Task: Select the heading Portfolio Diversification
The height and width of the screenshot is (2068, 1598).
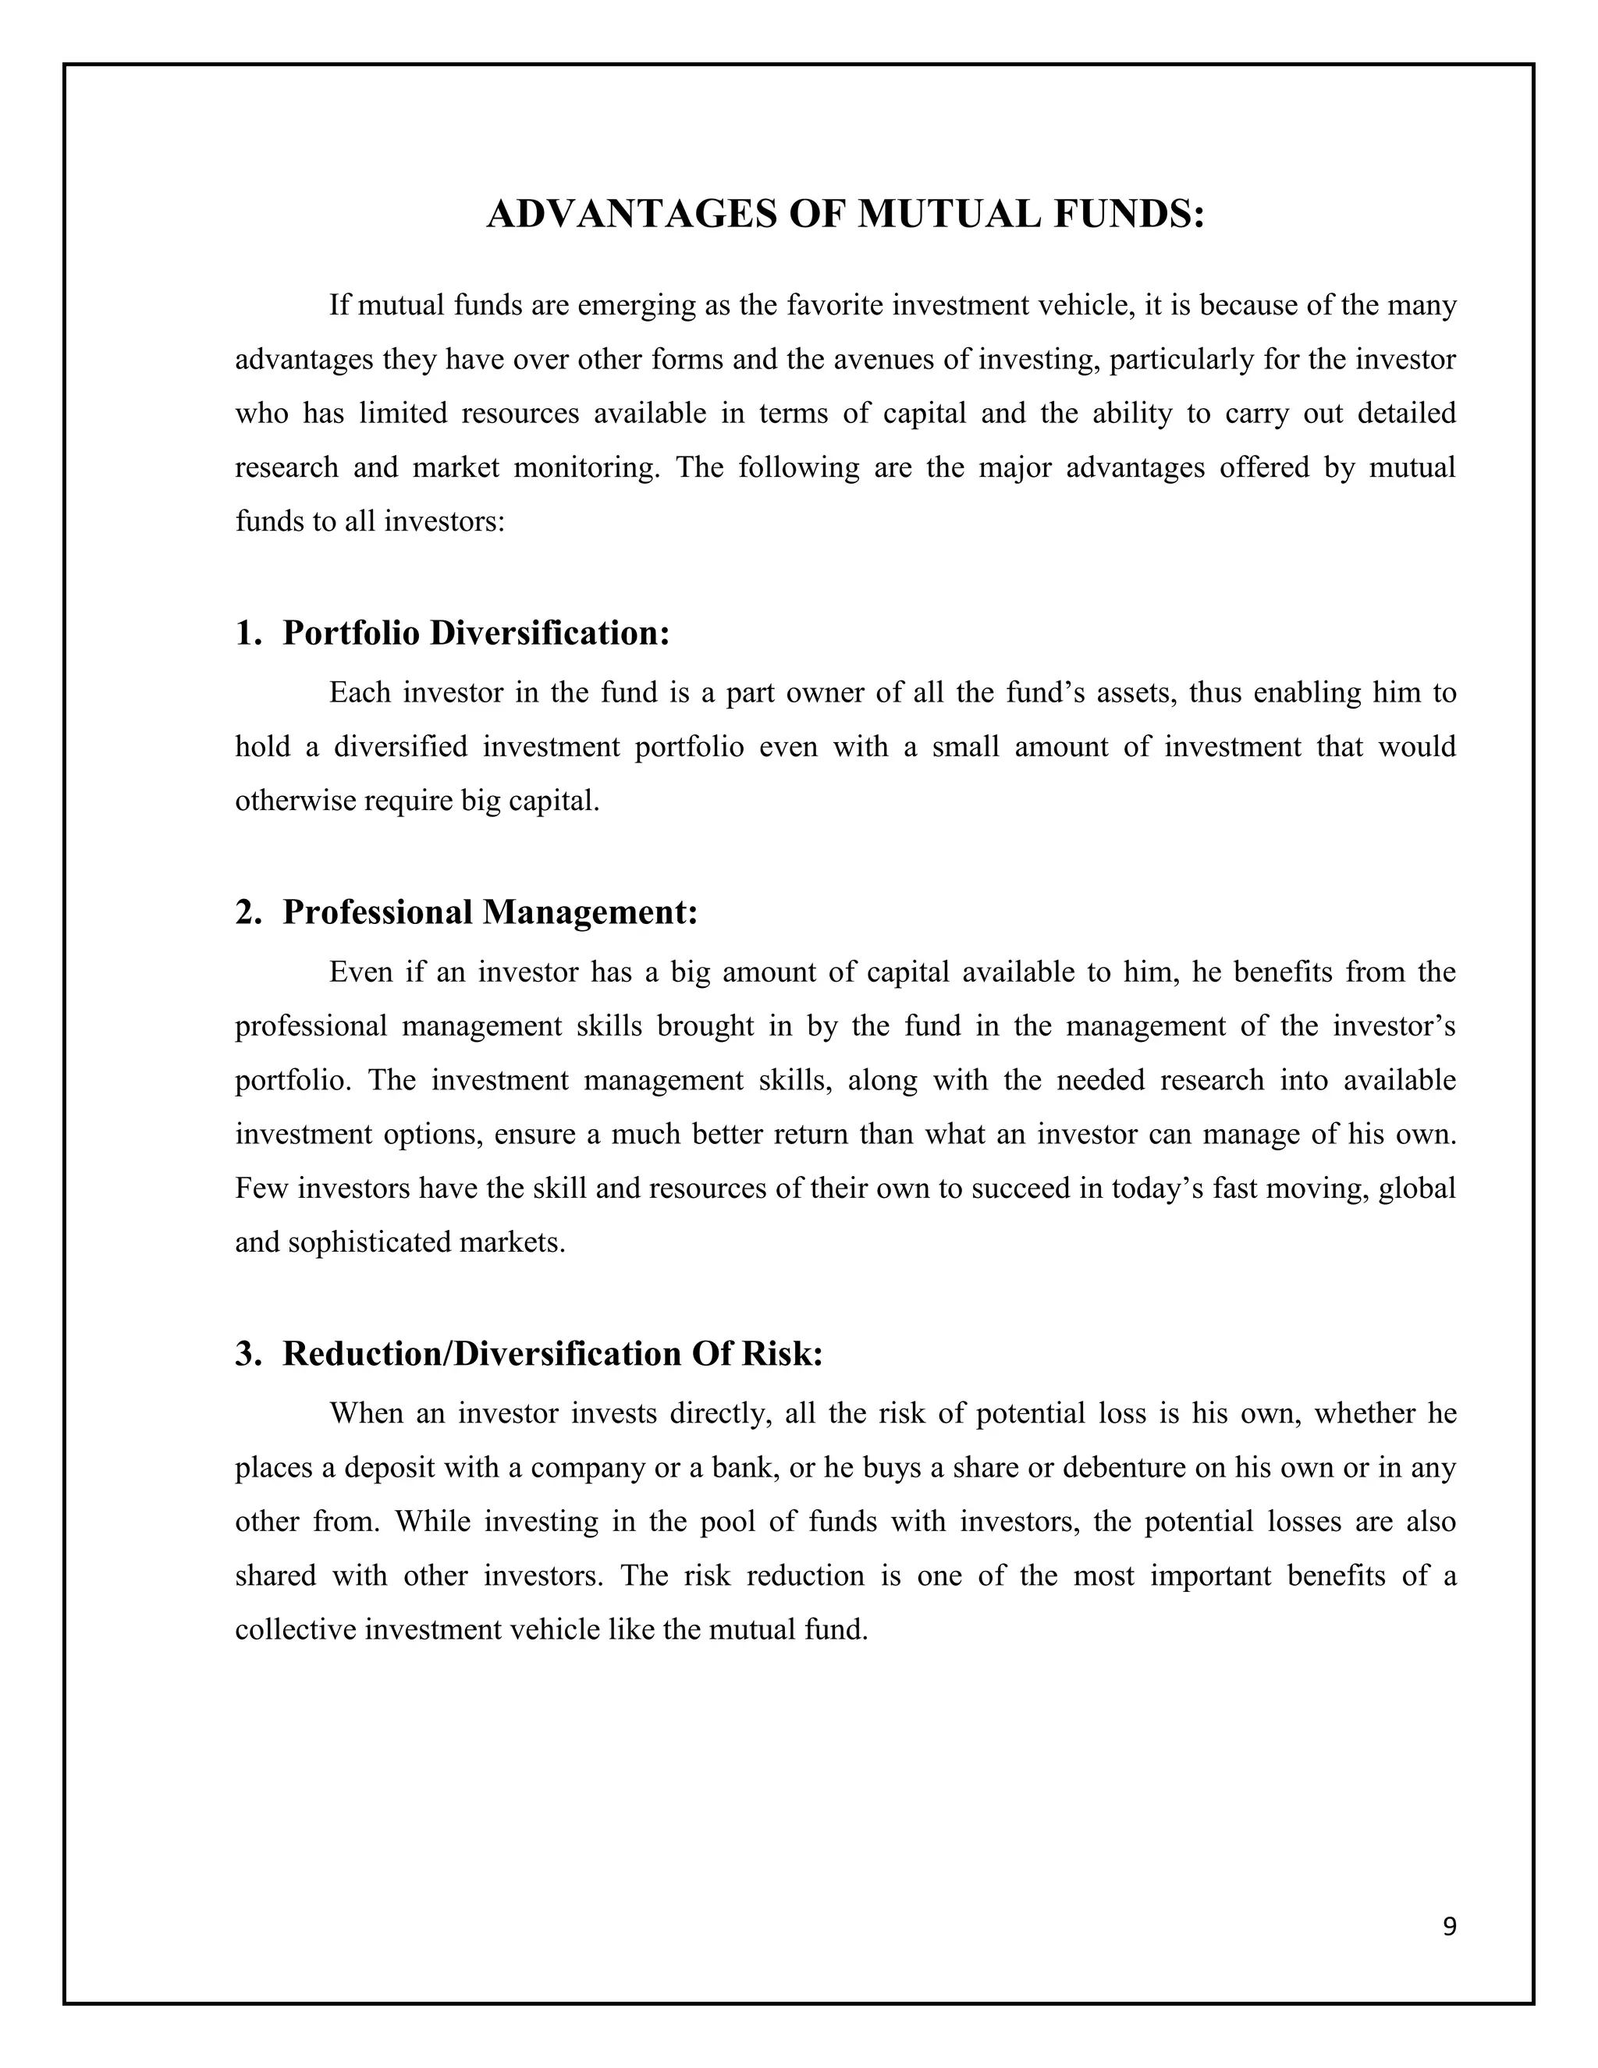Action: pos(476,633)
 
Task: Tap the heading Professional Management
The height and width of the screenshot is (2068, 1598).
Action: pos(490,911)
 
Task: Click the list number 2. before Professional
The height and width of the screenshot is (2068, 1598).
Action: pos(248,911)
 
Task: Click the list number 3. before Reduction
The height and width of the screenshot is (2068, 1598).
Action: pos(248,1353)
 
